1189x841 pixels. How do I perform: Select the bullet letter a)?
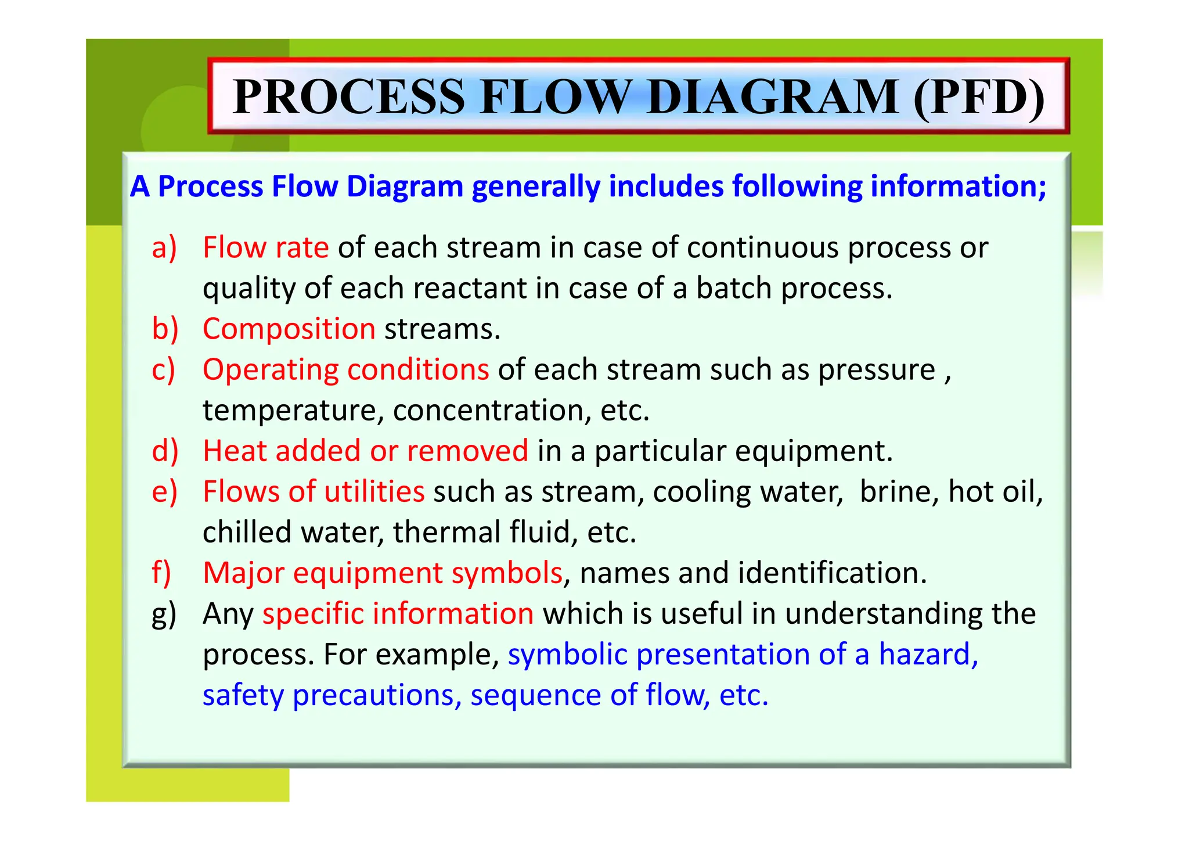pos(164,248)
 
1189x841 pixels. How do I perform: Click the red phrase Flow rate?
pos(265,248)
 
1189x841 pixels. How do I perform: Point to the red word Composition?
pos(289,329)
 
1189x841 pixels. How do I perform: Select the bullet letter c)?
pos(163,370)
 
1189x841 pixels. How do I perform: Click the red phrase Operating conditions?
pos(345,370)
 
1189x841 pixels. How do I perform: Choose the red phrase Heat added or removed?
pos(365,451)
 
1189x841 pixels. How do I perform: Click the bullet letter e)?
pos(164,492)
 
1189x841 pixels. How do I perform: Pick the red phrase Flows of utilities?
pos(314,492)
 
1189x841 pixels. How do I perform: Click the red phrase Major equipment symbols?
pos(383,573)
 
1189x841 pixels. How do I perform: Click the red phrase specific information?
pos(398,614)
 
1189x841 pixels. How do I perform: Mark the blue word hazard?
pos(927,655)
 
